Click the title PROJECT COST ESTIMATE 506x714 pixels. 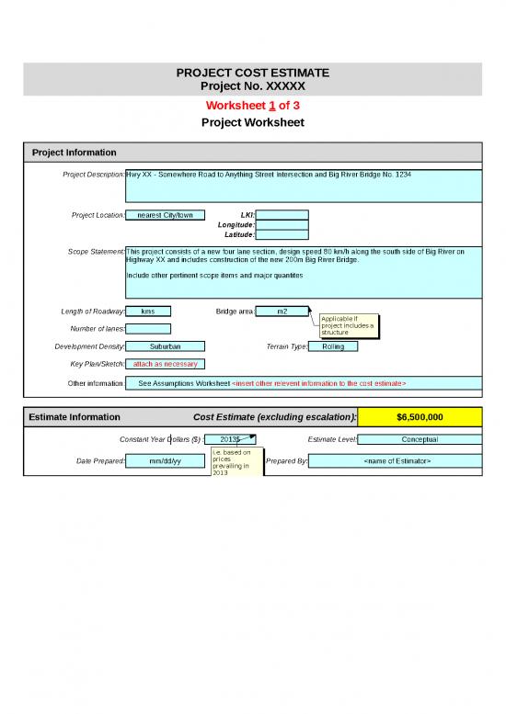pyautogui.click(x=252, y=73)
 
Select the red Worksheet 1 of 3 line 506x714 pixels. pyautogui.click(x=252, y=105)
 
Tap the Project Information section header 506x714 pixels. pyautogui.click(x=75, y=152)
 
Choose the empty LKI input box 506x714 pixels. pyautogui.click(x=282, y=215)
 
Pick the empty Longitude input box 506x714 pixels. pyautogui.click(x=282, y=224)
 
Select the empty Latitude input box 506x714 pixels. pyautogui.click(x=282, y=234)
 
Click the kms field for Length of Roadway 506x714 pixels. pyautogui.click(x=148, y=311)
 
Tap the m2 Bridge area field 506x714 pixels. pyautogui.click(x=282, y=311)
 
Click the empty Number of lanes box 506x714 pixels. pyautogui.click(x=148, y=329)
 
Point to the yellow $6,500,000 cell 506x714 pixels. pyautogui.click(x=419, y=416)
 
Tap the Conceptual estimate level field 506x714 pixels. pyautogui.click(x=419, y=439)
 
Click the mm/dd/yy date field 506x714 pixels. pyautogui.click(x=165, y=460)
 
